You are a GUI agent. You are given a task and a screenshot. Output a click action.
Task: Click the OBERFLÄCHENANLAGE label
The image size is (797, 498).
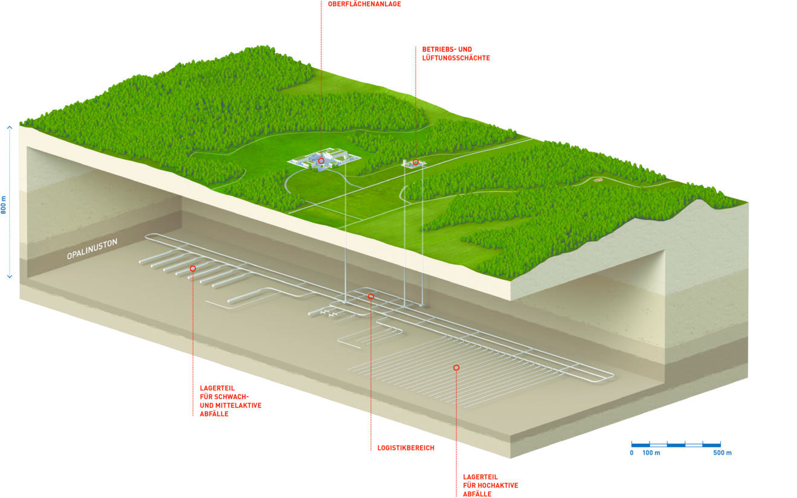364,4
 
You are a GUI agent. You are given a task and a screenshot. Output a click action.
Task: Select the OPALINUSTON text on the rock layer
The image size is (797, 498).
92,249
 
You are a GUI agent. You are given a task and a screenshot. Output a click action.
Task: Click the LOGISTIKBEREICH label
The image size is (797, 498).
405,448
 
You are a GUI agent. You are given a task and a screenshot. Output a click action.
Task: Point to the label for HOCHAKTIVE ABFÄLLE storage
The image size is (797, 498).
490,485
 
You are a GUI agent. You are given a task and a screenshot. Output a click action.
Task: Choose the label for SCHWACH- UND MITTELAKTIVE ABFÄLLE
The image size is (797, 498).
230,401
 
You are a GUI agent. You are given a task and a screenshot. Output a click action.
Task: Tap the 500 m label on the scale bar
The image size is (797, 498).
722,453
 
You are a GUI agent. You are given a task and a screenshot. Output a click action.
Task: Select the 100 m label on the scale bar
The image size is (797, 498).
651,453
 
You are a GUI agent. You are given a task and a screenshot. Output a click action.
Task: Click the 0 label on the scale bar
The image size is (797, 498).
631,453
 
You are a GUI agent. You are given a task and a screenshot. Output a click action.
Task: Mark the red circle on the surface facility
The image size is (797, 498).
321,161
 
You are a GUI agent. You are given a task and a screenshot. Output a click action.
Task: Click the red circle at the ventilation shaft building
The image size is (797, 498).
416,162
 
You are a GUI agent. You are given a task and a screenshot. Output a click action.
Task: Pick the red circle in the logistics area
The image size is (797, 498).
371,296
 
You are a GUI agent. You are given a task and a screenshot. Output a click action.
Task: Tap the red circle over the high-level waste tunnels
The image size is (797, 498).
456,367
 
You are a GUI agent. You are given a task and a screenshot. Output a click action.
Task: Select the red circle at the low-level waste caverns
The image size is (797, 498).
193,268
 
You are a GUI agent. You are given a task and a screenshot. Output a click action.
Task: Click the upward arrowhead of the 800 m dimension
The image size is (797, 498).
10,128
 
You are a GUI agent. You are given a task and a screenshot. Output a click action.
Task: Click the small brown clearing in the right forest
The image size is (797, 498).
598,179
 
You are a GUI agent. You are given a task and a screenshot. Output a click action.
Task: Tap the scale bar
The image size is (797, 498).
676,444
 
